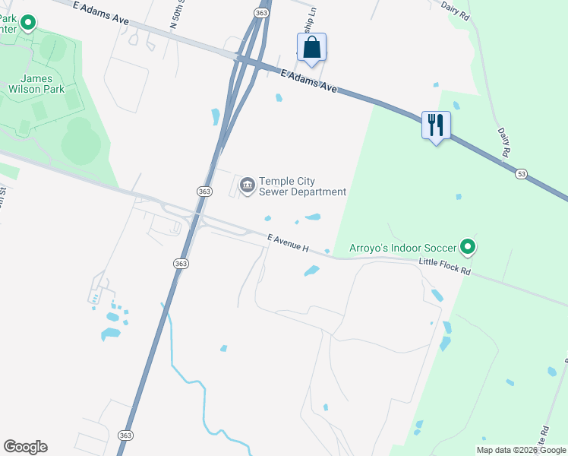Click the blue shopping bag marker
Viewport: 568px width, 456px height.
tap(311, 47)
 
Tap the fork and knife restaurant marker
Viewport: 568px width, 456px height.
tap(436, 125)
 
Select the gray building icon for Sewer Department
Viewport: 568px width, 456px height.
tap(248, 185)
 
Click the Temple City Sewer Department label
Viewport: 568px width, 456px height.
tap(302, 186)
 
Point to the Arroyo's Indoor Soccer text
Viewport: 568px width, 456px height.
tap(402, 248)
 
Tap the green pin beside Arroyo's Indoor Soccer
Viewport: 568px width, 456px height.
tap(469, 247)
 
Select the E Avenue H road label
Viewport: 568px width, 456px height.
tap(289, 243)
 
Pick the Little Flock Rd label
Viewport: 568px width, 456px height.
tap(445, 268)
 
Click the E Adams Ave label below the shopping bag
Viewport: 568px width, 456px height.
tap(308, 82)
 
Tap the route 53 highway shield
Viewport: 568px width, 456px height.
tap(520, 175)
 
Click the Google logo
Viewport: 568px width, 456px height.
tap(25, 447)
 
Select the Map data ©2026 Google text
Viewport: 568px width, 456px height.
tap(521, 450)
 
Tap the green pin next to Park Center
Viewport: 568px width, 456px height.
tap(28, 23)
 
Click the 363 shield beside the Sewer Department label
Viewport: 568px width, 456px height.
tap(204, 192)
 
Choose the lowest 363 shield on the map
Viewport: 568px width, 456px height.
tap(125, 435)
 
